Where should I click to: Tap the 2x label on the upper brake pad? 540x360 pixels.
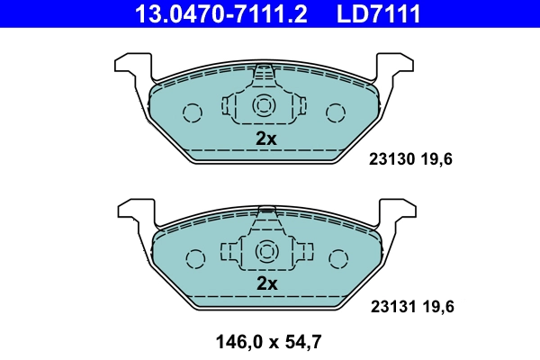[x=265, y=138]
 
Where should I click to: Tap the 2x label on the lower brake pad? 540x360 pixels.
[x=265, y=283]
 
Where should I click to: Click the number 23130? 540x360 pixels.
[x=391, y=160]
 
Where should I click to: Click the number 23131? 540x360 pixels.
[x=391, y=306]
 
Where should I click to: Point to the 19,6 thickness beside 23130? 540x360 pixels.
[x=436, y=160]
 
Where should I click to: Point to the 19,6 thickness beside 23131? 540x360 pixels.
[x=436, y=306]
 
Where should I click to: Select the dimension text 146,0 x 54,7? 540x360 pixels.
[x=268, y=341]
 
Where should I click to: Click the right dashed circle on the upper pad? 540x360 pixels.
[x=336, y=112]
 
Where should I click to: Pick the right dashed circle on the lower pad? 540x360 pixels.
[x=337, y=258]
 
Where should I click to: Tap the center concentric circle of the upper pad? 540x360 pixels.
[x=265, y=105]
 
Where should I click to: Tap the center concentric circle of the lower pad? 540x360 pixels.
[x=266, y=251]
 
